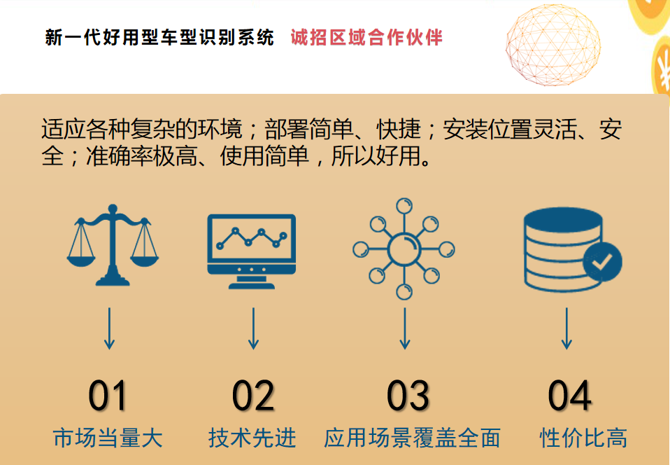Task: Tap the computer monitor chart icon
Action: (x=251, y=251)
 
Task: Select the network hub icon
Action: (x=404, y=249)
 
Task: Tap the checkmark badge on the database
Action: (x=602, y=261)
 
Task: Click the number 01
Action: (x=107, y=396)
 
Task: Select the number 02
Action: (x=253, y=396)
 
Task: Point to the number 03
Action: (x=408, y=396)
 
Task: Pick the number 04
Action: (x=569, y=396)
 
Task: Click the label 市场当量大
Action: (x=108, y=438)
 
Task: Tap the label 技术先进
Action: (x=252, y=438)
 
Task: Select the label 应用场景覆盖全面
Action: (x=412, y=438)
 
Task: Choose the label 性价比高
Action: (x=583, y=438)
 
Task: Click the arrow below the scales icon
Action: (x=109, y=328)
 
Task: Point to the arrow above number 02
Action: (x=253, y=328)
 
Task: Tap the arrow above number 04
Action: (x=566, y=328)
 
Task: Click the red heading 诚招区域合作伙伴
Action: (x=366, y=38)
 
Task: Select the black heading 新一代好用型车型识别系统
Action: (x=159, y=38)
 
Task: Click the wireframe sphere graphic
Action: (x=553, y=45)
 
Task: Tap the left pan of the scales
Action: (x=80, y=260)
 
